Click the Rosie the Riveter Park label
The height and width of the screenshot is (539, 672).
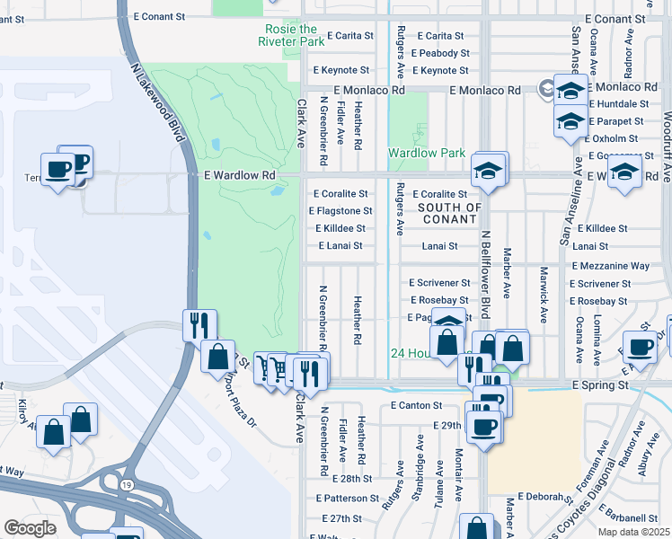click(x=290, y=35)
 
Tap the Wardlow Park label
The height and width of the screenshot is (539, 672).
click(x=426, y=153)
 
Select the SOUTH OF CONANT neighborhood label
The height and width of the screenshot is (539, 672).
click(x=450, y=213)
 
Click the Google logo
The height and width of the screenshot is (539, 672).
click(x=30, y=528)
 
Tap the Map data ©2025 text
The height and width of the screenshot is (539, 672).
click(x=632, y=532)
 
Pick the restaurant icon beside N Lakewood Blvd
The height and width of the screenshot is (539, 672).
click(x=199, y=324)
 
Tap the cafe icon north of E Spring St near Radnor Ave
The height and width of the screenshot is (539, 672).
click(x=641, y=347)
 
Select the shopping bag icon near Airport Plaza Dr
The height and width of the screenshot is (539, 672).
click(x=217, y=356)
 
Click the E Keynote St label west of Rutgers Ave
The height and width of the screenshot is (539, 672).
click(x=340, y=70)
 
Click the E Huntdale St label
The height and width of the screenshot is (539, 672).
click(x=619, y=104)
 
